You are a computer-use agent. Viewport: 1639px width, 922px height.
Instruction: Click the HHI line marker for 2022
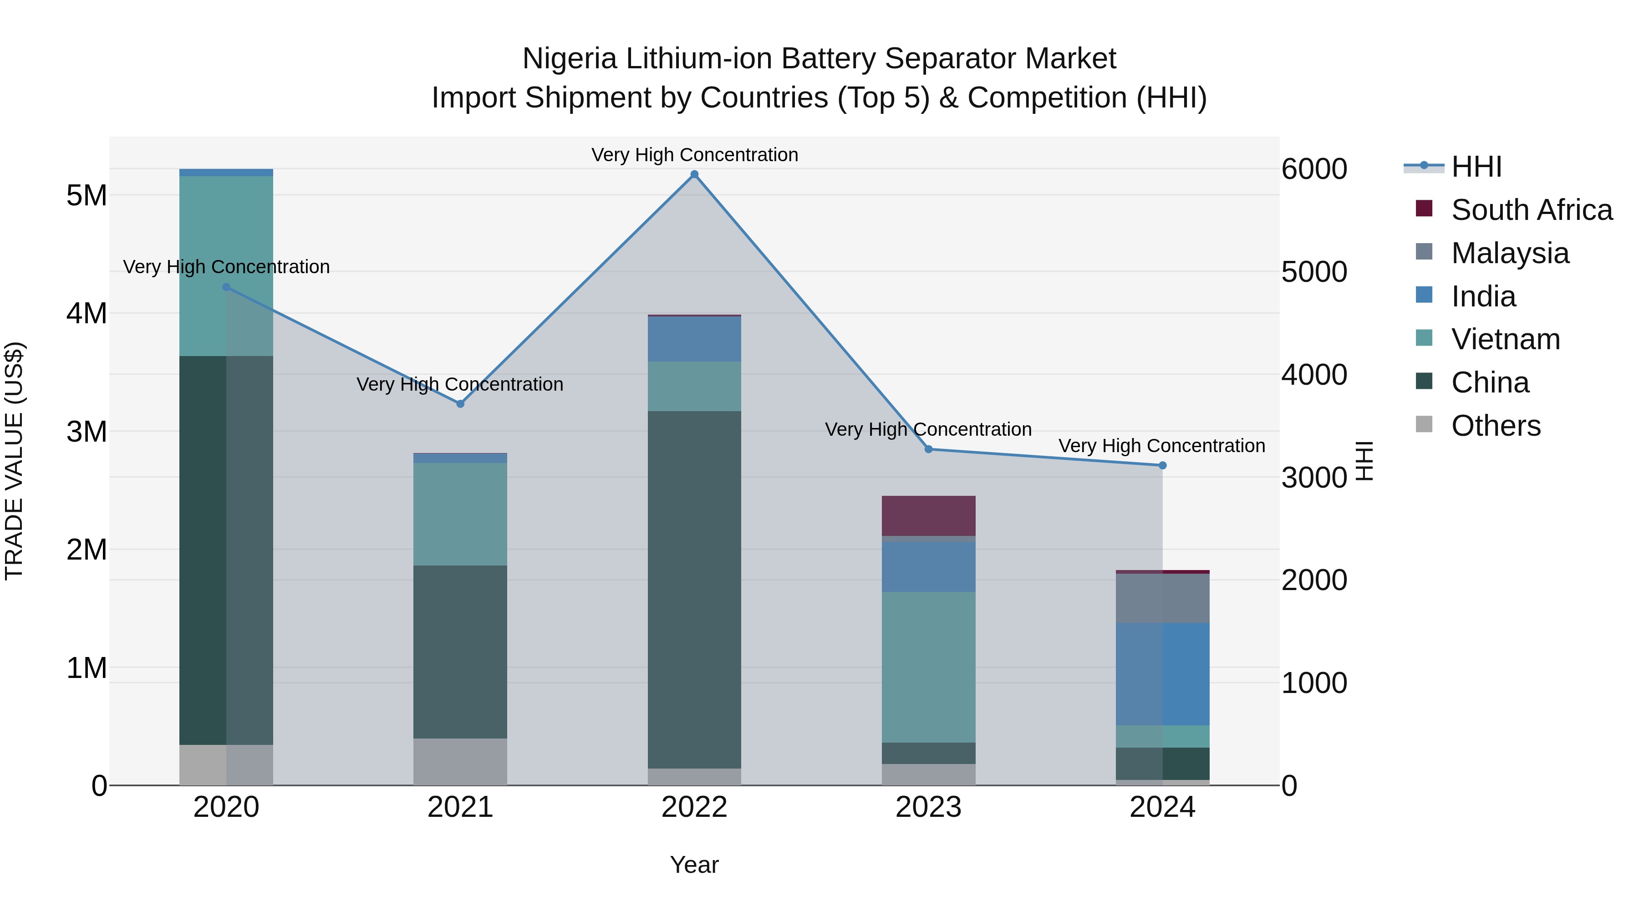pyautogui.click(x=694, y=174)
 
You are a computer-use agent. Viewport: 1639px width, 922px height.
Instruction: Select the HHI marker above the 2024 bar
pyautogui.click(x=1162, y=465)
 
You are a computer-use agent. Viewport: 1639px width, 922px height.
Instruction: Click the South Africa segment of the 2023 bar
pyautogui.click(x=928, y=515)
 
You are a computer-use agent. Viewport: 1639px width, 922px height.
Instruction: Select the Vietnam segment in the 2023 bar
pyautogui.click(x=928, y=667)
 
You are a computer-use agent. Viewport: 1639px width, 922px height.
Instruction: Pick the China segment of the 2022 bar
pyautogui.click(x=694, y=589)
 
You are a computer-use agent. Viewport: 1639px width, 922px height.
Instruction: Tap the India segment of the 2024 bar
pyautogui.click(x=1162, y=674)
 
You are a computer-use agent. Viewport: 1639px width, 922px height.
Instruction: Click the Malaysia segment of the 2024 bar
pyautogui.click(x=1162, y=598)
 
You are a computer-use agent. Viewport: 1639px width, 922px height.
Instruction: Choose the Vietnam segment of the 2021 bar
pyautogui.click(x=460, y=514)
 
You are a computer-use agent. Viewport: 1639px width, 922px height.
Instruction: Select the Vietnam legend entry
pyautogui.click(x=1506, y=339)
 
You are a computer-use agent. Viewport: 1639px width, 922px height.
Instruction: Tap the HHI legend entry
pyautogui.click(x=1476, y=167)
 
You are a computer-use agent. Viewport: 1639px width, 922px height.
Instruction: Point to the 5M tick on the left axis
pyautogui.click(x=87, y=195)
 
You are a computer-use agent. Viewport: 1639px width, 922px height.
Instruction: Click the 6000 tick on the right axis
pyautogui.click(x=1314, y=169)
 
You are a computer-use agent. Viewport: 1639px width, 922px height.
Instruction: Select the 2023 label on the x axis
pyautogui.click(x=928, y=807)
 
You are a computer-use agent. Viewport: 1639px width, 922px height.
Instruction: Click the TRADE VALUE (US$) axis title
pyautogui.click(x=15, y=461)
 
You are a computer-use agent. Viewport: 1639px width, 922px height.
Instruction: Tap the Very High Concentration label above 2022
pyautogui.click(x=694, y=155)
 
